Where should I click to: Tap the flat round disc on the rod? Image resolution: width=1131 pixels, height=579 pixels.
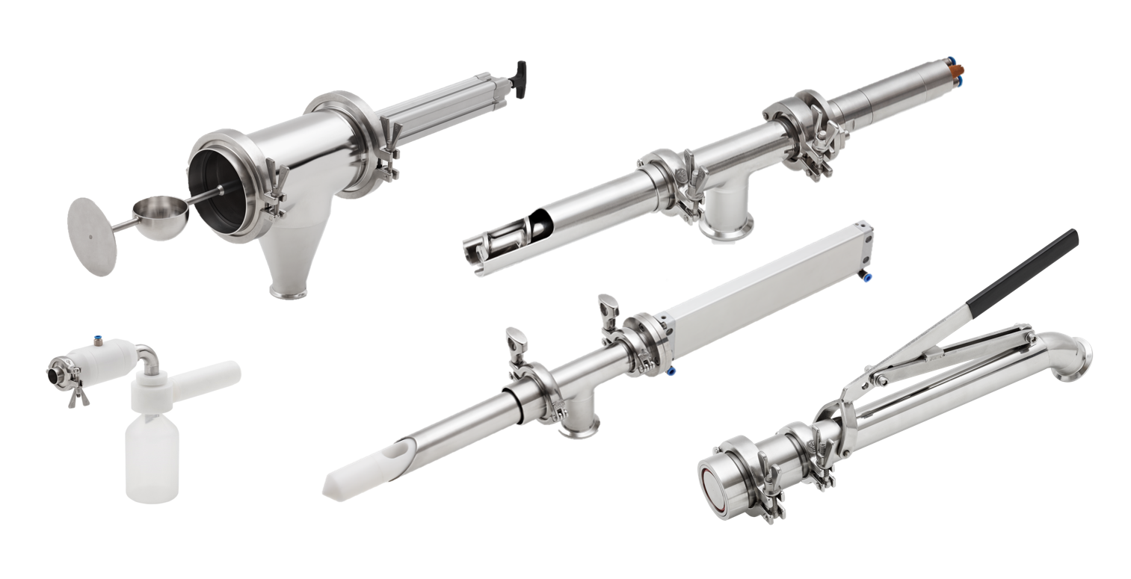(x=91, y=236)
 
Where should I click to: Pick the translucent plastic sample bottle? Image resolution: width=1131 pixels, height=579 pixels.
(x=152, y=458)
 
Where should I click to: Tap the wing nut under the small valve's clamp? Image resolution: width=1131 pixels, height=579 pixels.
(x=76, y=399)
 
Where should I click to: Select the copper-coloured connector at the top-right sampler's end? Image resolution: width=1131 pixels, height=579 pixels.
(x=957, y=72)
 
